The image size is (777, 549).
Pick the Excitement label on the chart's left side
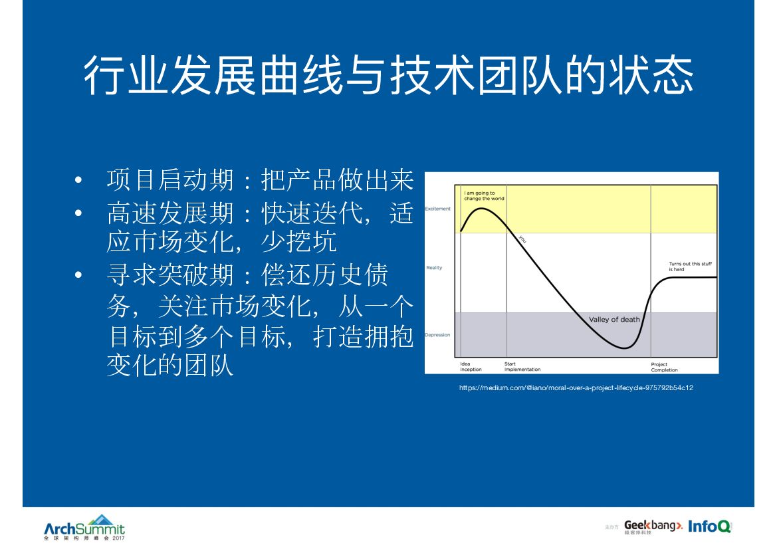point(438,209)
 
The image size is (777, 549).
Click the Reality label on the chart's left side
point(434,268)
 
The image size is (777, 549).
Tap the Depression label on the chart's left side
point(437,335)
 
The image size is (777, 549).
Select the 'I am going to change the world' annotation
point(484,196)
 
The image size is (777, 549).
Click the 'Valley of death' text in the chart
point(614,320)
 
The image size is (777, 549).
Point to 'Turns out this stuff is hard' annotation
point(690,267)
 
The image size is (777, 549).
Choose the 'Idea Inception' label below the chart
point(471,367)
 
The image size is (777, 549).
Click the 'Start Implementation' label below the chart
point(522,367)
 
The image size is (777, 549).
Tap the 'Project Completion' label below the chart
point(664,367)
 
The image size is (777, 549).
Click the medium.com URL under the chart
point(576,387)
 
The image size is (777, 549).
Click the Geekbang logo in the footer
point(653,526)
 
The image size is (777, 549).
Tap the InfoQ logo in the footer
point(709,526)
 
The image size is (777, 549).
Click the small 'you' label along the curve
point(522,240)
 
